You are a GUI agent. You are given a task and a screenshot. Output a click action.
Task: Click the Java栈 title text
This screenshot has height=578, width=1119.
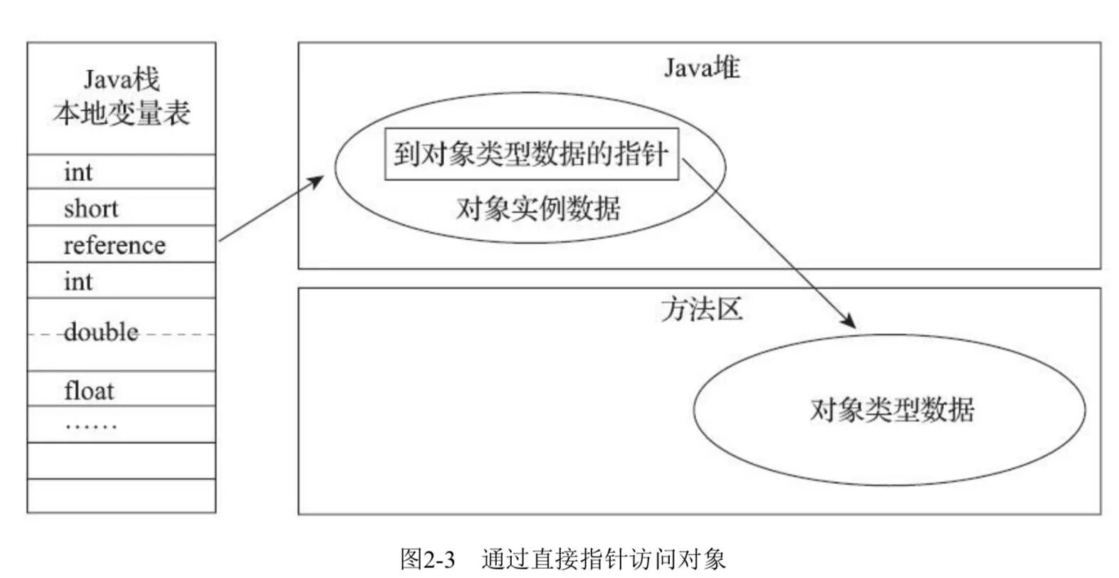[122, 80]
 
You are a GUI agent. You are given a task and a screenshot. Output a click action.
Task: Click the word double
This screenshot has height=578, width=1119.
[101, 332]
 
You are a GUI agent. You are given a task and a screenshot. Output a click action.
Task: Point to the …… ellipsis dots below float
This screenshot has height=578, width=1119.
[90, 426]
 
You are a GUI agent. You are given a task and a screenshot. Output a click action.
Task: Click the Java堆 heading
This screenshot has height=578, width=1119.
[702, 68]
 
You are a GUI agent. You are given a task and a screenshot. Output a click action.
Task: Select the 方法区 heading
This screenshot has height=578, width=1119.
[702, 309]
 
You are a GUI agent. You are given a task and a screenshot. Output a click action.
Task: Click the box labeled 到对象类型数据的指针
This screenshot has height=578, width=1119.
[531, 154]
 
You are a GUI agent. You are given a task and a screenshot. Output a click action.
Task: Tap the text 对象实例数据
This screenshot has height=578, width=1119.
[538, 209]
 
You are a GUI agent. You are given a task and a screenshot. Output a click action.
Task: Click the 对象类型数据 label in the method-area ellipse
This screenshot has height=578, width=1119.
[891, 410]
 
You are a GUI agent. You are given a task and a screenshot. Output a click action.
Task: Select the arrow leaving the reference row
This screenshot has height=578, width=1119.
[270, 209]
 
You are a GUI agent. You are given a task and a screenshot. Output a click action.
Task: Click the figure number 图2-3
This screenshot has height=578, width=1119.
[427, 559]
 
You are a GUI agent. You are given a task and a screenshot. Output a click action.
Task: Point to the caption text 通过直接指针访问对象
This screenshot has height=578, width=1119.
[604, 559]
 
